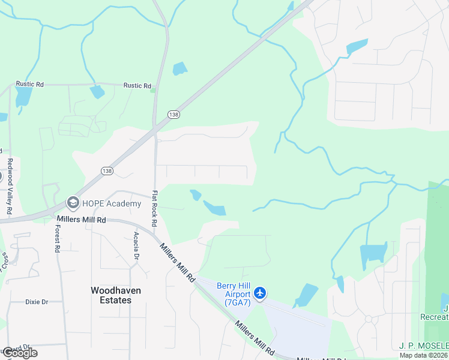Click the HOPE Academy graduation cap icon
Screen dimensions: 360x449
tap(73, 203)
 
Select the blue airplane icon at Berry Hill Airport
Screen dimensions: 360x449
tap(260, 293)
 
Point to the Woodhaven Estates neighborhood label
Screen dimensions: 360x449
tap(116, 295)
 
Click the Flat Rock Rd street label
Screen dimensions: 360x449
tap(155, 208)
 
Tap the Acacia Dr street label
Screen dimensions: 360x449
tap(137, 245)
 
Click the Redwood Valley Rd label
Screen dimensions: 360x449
tap(10, 187)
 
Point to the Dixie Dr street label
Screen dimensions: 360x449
tap(37, 302)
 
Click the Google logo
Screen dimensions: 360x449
tap(19, 353)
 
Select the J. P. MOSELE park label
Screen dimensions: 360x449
tap(423, 346)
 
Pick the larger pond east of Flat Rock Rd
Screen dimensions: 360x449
tap(215, 208)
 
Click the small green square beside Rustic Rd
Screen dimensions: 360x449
tap(154, 90)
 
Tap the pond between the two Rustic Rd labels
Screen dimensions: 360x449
tap(96, 92)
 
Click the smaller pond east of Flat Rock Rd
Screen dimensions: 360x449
tap(195, 195)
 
